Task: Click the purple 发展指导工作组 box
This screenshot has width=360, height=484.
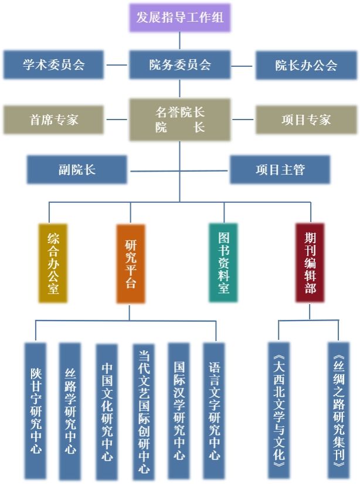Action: point(179,18)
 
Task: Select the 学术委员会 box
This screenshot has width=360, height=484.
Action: point(53,64)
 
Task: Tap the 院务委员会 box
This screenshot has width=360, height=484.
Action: point(179,64)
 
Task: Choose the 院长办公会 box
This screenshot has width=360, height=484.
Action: point(306,65)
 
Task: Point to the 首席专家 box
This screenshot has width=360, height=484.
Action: point(53,120)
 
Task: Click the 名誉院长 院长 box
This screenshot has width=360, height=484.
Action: point(179,120)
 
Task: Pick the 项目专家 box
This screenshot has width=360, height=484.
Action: point(306,120)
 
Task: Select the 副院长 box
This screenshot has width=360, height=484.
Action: point(77,170)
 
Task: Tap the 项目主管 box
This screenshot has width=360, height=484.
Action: point(280,170)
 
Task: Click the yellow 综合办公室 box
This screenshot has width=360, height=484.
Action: point(53,263)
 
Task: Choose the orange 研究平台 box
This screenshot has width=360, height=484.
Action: point(130,263)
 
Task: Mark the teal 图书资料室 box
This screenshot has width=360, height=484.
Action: point(223,263)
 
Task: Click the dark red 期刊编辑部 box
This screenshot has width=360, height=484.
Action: point(310,263)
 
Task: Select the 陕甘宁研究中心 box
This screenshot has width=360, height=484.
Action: point(35,411)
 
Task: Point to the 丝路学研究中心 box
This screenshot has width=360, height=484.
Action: point(70,411)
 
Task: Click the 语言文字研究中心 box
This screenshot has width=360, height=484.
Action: point(214,411)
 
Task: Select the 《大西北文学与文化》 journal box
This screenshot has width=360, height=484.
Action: point(279,411)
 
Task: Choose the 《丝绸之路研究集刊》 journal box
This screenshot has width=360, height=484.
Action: point(338,411)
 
